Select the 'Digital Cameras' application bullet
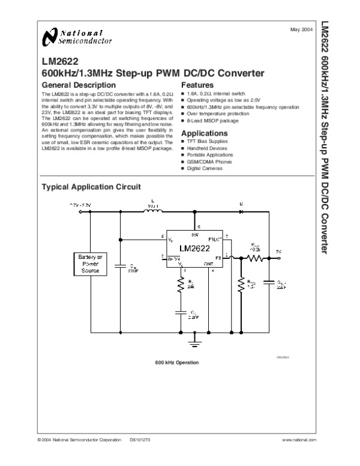205,168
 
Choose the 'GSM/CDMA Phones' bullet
207,162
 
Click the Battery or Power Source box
91,264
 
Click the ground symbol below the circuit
193,344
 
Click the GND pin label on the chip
209,264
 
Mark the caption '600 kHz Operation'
177,363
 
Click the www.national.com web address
298,441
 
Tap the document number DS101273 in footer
140,441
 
